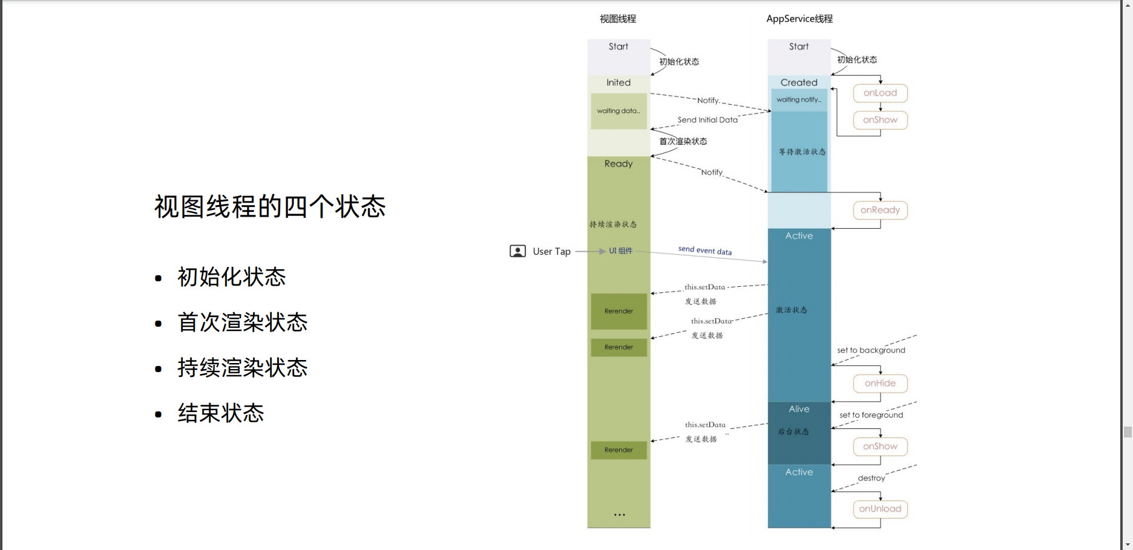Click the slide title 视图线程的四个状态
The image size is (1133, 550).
pyautogui.click(x=270, y=207)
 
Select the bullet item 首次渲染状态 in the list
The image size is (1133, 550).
pyautogui.click(x=242, y=322)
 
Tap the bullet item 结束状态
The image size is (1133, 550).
pyautogui.click(x=220, y=413)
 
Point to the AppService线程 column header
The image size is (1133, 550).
pyautogui.click(x=799, y=19)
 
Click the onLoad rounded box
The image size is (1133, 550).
pyautogui.click(x=880, y=93)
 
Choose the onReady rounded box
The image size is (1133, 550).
pyautogui.click(x=880, y=211)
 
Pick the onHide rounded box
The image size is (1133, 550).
pyautogui.click(x=880, y=384)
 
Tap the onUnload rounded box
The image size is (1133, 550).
pyautogui.click(x=880, y=509)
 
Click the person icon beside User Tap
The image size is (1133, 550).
pyautogui.click(x=517, y=251)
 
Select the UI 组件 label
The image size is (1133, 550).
pyautogui.click(x=620, y=251)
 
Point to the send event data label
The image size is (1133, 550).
pyautogui.click(x=704, y=250)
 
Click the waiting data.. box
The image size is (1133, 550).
pyautogui.click(x=619, y=111)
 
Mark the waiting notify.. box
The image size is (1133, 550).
pyautogui.click(x=799, y=100)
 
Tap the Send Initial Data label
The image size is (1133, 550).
pyautogui.click(x=707, y=120)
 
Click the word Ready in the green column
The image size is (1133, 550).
pyautogui.click(x=619, y=164)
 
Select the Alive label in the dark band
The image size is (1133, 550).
pyautogui.click(x=799, y=409)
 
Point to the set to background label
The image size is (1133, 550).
pyautogui.click(x=871, y=350)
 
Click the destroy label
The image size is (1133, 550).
pyautogui.click(x=871, y=478)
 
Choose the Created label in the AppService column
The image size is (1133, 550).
pyautogui.click(x=799, y=82)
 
